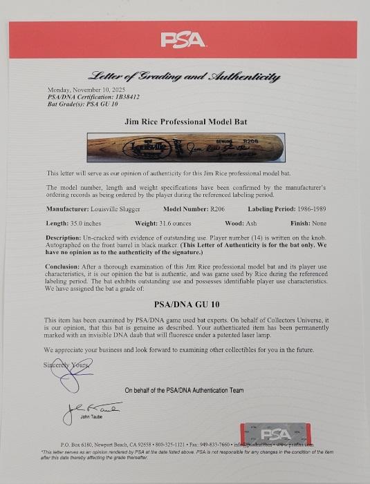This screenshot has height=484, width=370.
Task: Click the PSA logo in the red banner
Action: [x=183, y=39]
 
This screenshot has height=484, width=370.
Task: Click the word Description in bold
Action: [x=66, y=237]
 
